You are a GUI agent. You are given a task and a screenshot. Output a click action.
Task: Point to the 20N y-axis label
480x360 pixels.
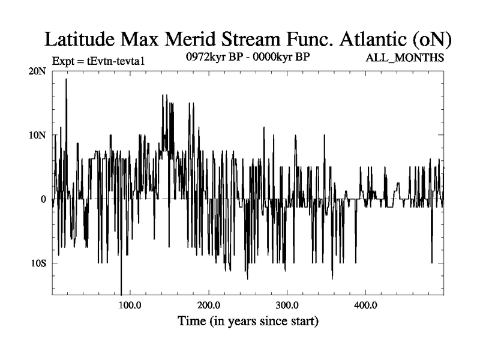(x=36, y=71)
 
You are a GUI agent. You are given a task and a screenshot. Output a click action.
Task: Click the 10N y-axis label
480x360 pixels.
(x=36, y=135)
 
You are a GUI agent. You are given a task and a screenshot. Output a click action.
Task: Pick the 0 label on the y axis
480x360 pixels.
(x=43, y=199)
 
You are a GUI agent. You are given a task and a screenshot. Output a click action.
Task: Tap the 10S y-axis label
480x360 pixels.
(x=37, y=263)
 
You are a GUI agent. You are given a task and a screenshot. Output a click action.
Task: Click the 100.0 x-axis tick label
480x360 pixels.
(x=130, y=305)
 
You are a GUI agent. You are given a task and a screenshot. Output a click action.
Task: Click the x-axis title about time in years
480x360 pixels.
(x=248, y=322)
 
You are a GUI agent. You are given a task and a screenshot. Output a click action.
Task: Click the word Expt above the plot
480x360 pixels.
(x=63, y=61)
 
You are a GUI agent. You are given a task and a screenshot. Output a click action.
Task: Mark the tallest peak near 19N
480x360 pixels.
(x=66, y=79)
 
